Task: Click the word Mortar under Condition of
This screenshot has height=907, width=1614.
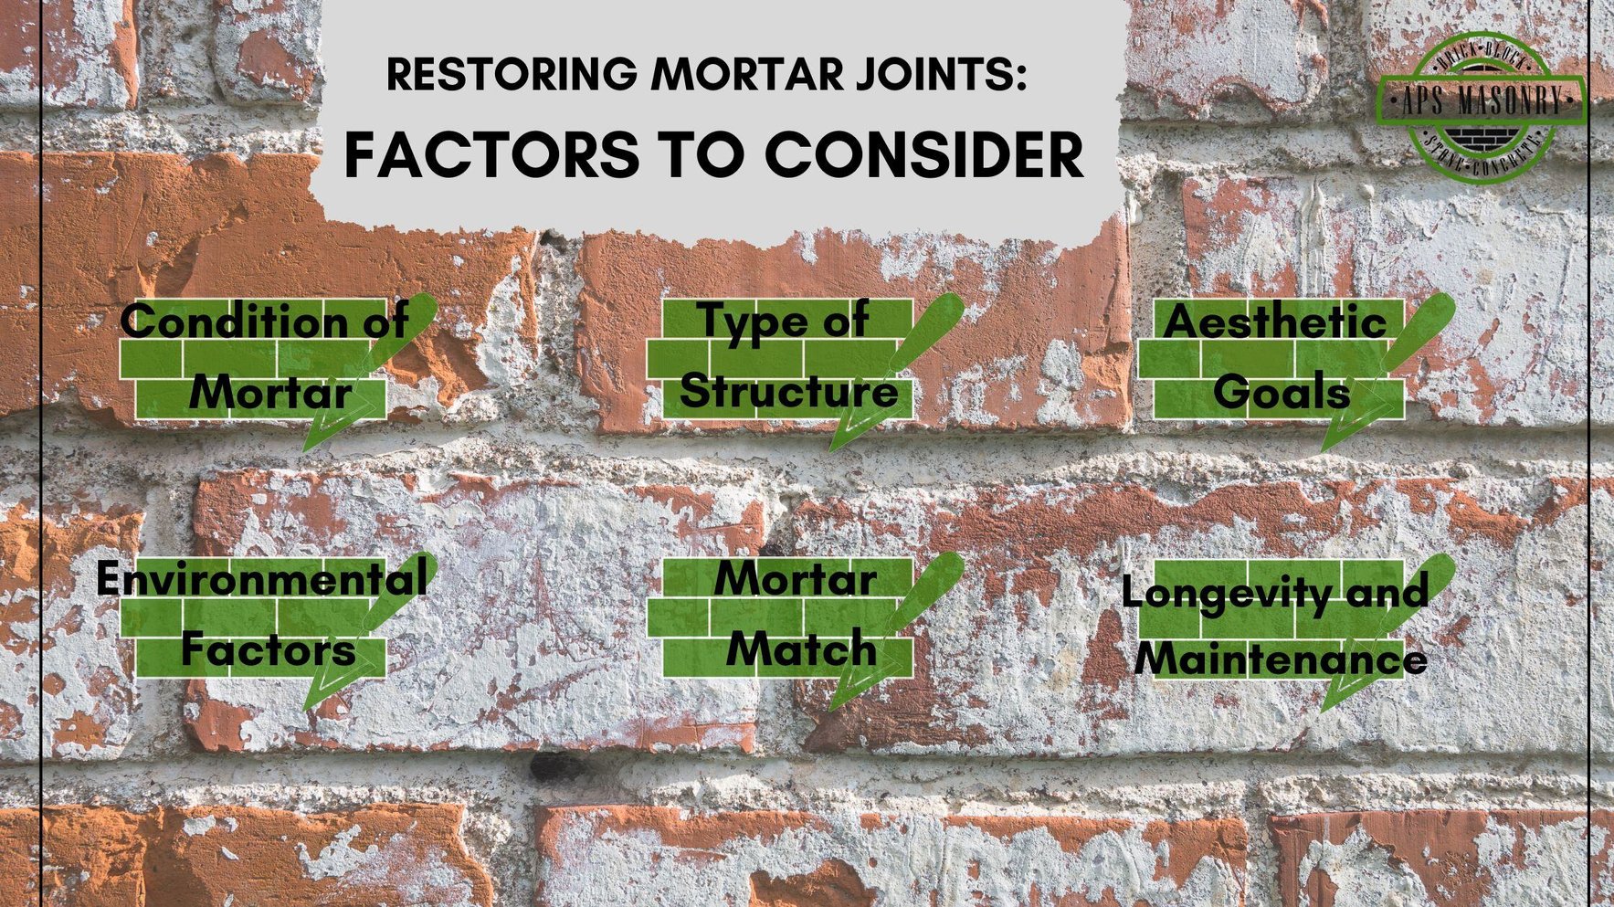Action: [x=270, y=393]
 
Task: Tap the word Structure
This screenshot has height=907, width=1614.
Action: [x=788, y=391]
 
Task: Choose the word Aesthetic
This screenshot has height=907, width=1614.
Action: [x=1275, y=322]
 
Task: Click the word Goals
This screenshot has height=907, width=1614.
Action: [x=1281, y=393]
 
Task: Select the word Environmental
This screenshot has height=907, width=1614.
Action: [x=261, y=578]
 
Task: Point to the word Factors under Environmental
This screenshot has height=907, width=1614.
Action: [x=268, y=649]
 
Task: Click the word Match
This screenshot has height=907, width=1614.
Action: [x=801, y=649]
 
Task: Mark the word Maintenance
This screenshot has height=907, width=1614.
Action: [x=1281, y=659]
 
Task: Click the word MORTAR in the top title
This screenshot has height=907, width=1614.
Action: [x=747, y=74]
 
